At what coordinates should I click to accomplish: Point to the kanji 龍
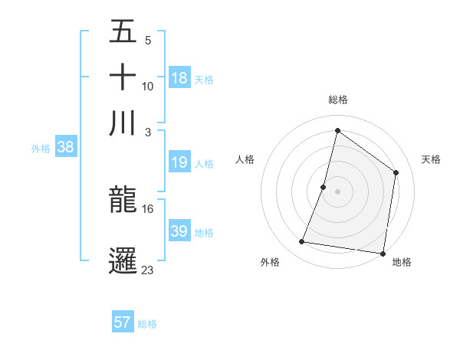(123, 200)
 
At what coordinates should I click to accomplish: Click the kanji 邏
(123, 260)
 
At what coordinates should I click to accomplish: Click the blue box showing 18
(179, 77)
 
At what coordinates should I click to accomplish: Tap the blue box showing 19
(179, 162)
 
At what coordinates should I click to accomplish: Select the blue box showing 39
(179, 231)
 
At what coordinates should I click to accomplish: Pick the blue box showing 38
(65, 148)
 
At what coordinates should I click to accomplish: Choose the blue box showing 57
(123, 322)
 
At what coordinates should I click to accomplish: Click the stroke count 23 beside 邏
(148, 270)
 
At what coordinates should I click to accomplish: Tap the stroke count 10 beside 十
(148, 86)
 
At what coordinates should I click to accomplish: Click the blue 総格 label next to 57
(147, 324)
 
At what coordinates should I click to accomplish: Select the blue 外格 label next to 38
(41, 149)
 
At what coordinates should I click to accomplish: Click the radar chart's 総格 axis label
(337, 100)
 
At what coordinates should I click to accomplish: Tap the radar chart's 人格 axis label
(245, 159)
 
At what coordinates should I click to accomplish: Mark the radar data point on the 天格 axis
(396, 172)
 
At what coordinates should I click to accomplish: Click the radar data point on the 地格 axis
(383, 254)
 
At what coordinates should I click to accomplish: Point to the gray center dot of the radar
(337, 191)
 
